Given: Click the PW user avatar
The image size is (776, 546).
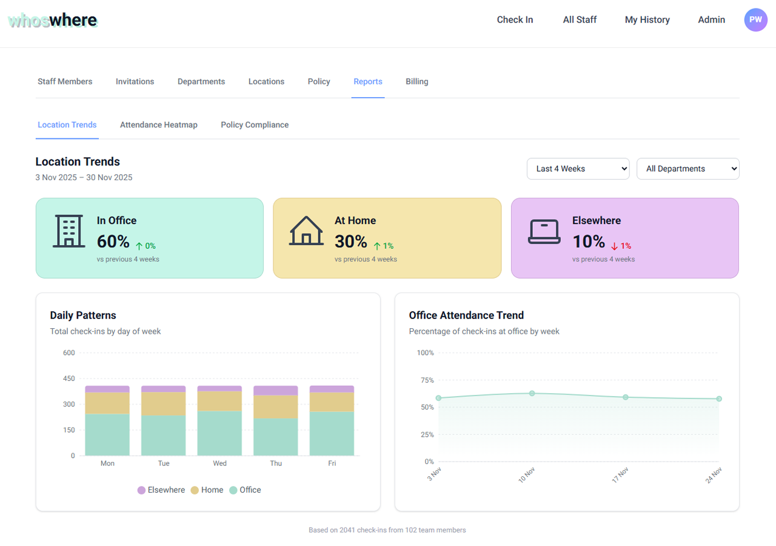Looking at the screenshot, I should [755, 19].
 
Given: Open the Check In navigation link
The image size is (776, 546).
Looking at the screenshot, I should [515, 19].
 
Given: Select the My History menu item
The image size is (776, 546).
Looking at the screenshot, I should [647, 19].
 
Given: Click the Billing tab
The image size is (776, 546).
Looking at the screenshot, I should [416, 81].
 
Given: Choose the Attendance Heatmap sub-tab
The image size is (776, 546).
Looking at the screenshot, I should [158, 125].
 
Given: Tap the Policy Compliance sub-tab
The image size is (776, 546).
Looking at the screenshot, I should [255, 125].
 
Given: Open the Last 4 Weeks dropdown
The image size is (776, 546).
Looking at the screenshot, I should [578, 169].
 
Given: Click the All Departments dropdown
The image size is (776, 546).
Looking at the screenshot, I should [687, 169].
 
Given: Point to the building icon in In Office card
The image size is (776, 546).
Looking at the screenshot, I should [69, 231].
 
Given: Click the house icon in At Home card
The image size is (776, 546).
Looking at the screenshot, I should [306, 231].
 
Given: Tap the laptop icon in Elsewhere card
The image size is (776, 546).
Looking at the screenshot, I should [544, 231].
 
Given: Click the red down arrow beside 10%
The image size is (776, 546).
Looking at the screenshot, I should [614, 246].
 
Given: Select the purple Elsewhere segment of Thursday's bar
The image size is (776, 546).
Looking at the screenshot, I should [276, 390].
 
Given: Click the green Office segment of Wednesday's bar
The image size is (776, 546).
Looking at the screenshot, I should [219, 433].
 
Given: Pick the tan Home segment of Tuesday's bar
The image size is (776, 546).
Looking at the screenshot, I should [164, 403].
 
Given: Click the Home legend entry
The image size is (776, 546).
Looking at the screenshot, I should [207, 490].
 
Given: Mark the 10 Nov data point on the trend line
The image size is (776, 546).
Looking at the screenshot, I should [532, 393].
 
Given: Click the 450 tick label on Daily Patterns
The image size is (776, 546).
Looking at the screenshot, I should [69, 379].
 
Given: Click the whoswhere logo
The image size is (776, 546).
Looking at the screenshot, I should [53, 21].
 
